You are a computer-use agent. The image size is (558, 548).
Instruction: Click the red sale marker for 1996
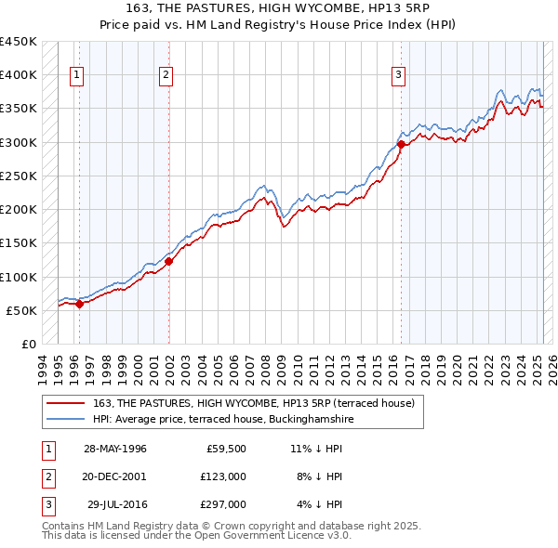(x=80, y=303)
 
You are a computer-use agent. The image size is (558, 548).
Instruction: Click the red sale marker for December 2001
(x=169, y=261)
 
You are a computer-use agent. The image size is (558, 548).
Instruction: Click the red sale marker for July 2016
(x=401, y=144)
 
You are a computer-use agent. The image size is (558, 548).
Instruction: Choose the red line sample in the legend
(x=67, y=402)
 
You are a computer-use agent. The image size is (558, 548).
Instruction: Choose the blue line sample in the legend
(x=67, y=419)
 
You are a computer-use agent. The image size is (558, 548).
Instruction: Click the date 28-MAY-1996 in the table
(x=115, y=449)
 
